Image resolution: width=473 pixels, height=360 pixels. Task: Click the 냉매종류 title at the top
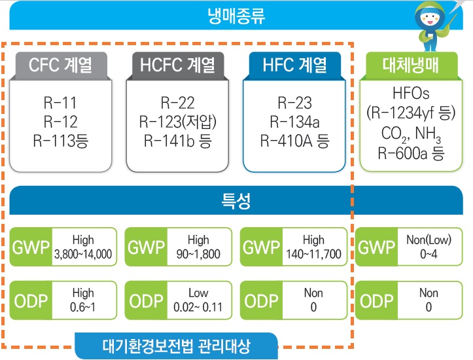[237, 14]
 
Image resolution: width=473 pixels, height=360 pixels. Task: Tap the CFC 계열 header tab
[60, 65]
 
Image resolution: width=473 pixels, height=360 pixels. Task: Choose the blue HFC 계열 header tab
[294, 65]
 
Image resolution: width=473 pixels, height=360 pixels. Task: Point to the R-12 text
[60, 122]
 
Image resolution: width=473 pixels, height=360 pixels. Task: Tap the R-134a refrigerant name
[294, 122]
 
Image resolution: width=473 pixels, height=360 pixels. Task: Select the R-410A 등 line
[294, 140]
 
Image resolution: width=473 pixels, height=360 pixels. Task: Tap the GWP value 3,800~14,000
[83, 254]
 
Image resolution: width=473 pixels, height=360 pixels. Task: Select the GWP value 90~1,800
[198, 254]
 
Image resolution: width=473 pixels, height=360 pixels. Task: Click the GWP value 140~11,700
[313, 254]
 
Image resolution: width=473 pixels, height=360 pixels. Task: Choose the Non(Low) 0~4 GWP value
[429, 247]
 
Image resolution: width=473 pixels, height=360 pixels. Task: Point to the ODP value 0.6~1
[83, 306]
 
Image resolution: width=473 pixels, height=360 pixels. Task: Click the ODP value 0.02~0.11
[198, 306]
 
